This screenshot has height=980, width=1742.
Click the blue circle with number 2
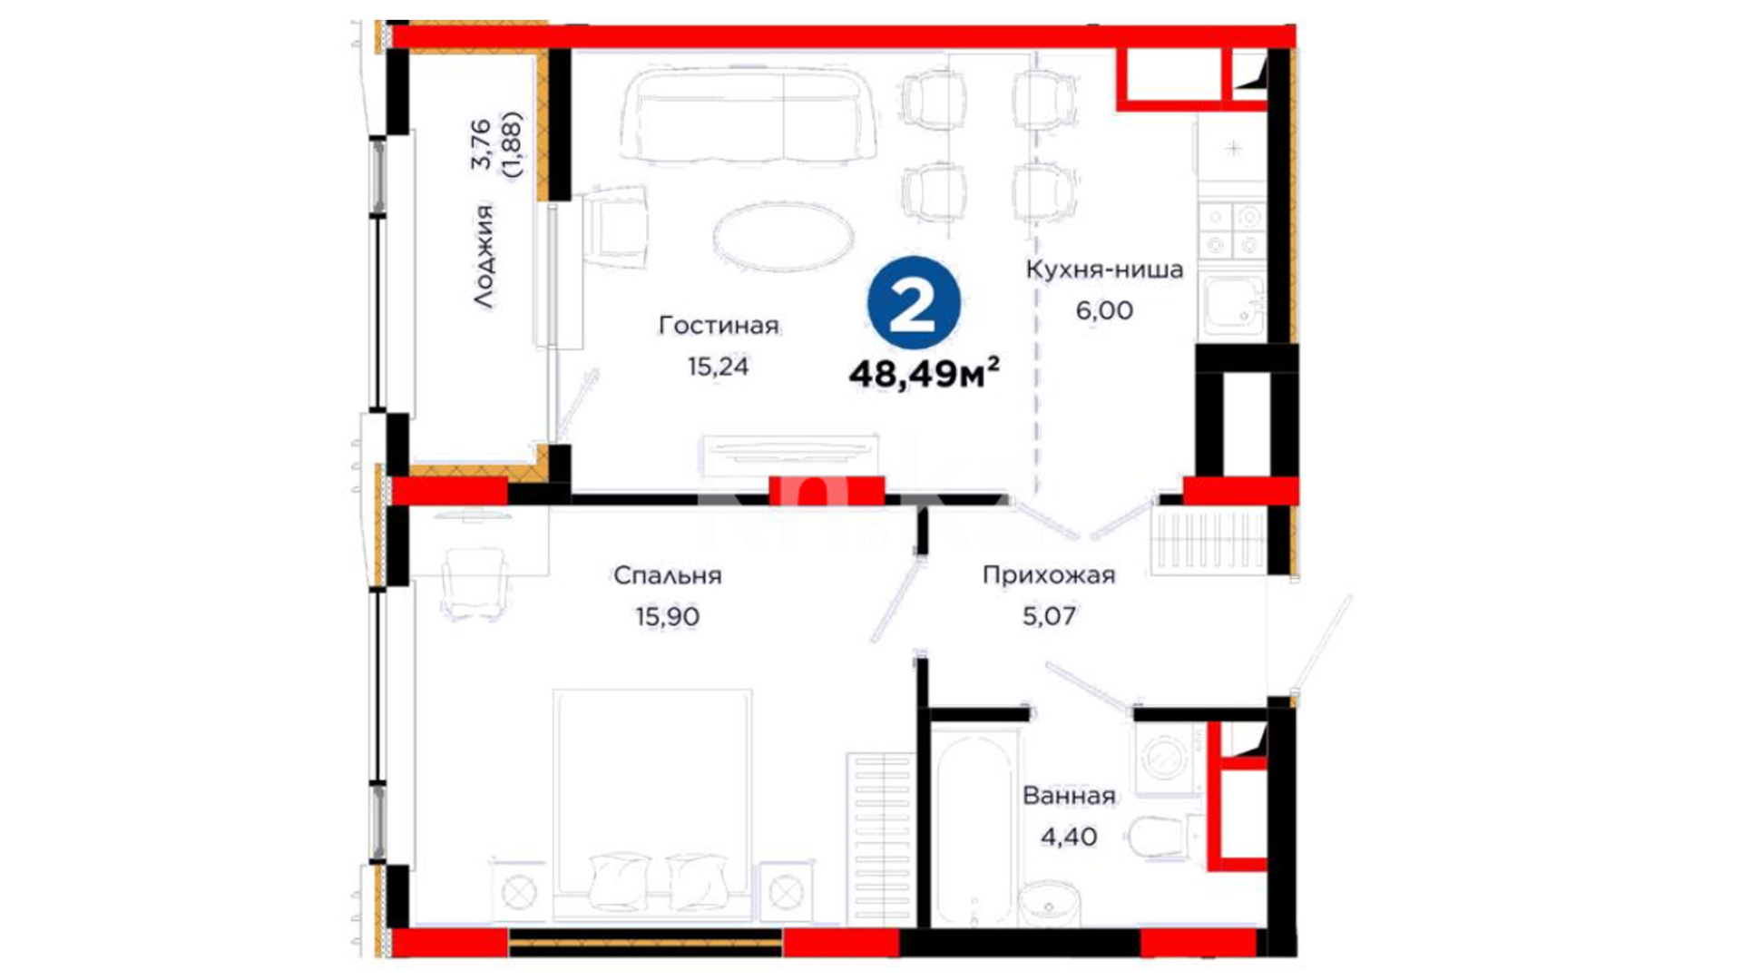[913, 303]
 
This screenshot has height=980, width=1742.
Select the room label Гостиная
[719, 325]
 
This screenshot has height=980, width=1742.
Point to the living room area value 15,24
[718, 367]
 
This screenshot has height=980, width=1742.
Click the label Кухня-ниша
[1104, 269]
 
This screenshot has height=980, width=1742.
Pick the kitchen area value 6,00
[1104, 310]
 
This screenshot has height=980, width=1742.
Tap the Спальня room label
[667, 575]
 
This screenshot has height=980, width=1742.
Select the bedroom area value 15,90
[667, 617]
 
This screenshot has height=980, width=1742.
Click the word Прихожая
[1049, 575]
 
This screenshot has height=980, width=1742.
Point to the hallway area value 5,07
[1049, 617]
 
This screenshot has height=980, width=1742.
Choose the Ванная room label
[1069, 796]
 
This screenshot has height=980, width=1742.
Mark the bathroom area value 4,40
[1069, 837]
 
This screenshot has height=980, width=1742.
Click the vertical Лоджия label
[484, 257]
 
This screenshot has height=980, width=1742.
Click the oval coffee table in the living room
[783, 236]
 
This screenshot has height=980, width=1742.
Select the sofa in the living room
[749, 115]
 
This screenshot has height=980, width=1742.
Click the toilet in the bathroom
[1166, 837]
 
